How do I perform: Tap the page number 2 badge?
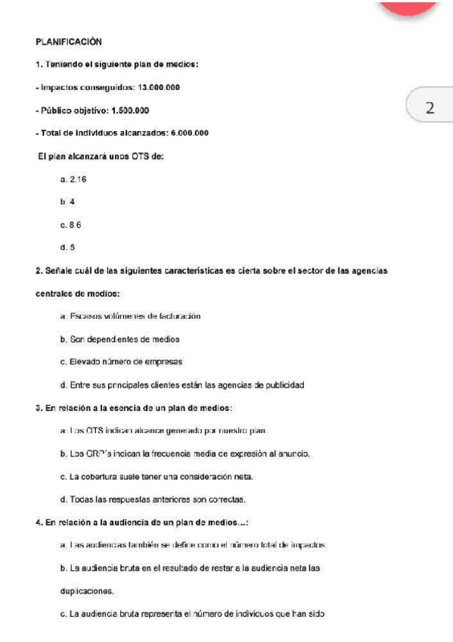pyautogui.click(x=429, y=108)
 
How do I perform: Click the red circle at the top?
pyautogui.click(x=409, y=6)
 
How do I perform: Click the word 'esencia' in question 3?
pyautogui.click(x=121, y=409)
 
